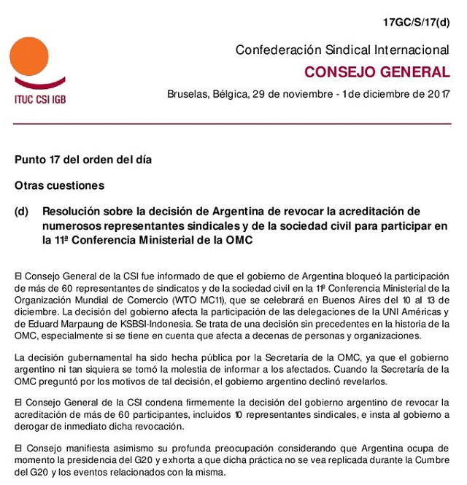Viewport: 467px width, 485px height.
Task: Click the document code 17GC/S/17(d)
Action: tap(417, 23)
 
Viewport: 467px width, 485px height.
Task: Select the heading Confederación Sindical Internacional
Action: tap(342, 50)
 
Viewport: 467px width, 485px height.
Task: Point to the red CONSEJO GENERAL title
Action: tap(377, 72)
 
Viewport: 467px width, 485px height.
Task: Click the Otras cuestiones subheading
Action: tap(59, 185)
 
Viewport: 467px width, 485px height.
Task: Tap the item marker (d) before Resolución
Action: tap(21, 212)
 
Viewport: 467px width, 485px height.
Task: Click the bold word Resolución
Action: tap(76, 212)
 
